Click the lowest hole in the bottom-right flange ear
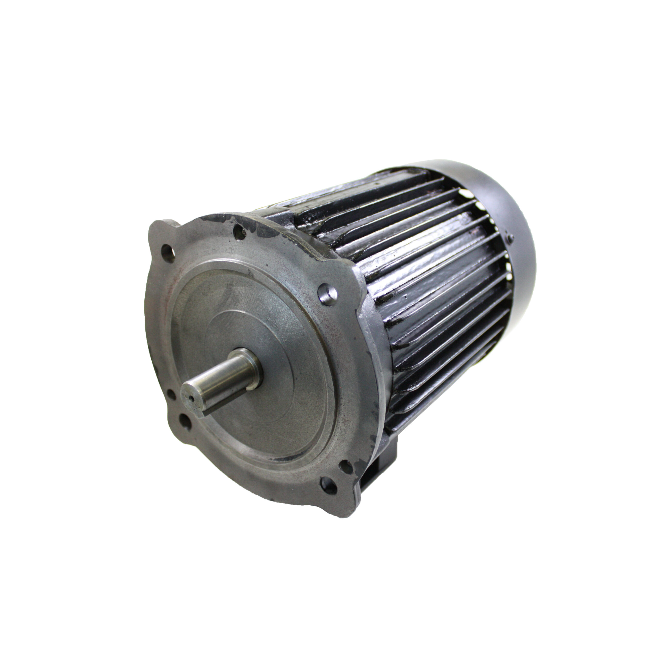point(328,484)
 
